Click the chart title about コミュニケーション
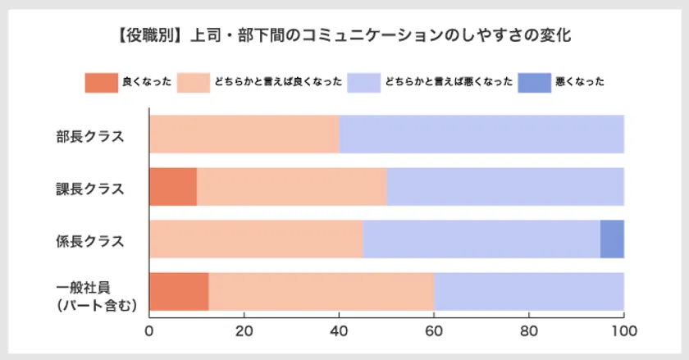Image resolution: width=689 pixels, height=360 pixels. tap(344, 35)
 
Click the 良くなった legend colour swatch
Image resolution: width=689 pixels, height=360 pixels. tap(101, 82)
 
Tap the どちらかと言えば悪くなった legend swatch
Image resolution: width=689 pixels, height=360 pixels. tap(363, 82)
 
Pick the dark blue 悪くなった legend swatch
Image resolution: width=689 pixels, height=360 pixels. tap(534, 82)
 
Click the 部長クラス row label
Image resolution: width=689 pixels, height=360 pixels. tap(90, 135)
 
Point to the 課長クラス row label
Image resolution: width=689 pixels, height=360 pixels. tap(90, 188)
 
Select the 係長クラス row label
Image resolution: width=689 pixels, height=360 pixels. tap(90, 240)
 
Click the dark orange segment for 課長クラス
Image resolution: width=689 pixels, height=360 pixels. tap(173, 187)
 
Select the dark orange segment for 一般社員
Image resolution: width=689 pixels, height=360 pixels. tap(178, 292)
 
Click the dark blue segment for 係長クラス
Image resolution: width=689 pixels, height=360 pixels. tap(612, 239)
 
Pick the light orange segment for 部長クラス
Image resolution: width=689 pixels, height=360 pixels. tap(244, 134)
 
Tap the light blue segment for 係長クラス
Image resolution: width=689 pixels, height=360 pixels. tap(481, 239)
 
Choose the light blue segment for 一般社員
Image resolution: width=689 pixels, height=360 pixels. tap(528, 292)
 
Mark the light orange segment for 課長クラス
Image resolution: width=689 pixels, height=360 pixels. tap(291, 187)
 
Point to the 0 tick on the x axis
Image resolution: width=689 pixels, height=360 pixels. tap(149, 332)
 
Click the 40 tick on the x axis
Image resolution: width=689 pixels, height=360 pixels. tap(339, 332)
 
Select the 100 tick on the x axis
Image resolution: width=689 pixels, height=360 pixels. tap(623, 332)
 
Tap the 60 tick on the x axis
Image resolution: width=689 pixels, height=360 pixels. tap(434, 332)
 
